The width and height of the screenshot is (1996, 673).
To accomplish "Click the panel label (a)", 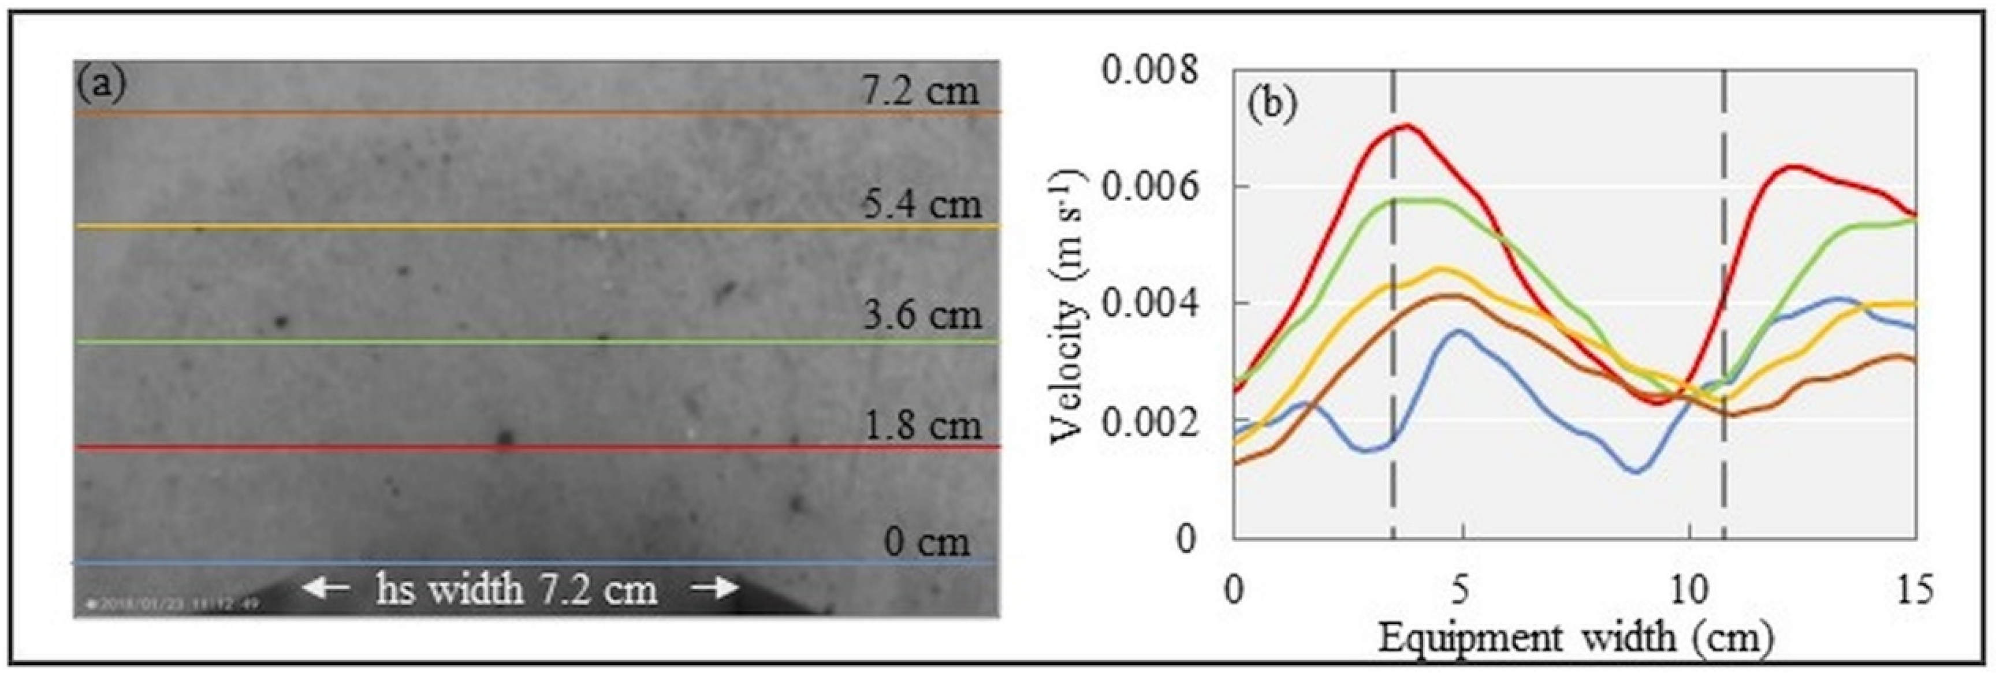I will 100,86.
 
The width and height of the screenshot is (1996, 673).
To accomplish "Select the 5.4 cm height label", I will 922,204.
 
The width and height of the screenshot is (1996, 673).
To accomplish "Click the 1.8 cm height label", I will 922,426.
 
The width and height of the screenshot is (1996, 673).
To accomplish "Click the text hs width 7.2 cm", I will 517,589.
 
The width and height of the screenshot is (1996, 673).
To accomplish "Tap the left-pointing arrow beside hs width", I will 325,589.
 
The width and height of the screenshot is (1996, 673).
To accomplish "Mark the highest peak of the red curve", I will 1405,125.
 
